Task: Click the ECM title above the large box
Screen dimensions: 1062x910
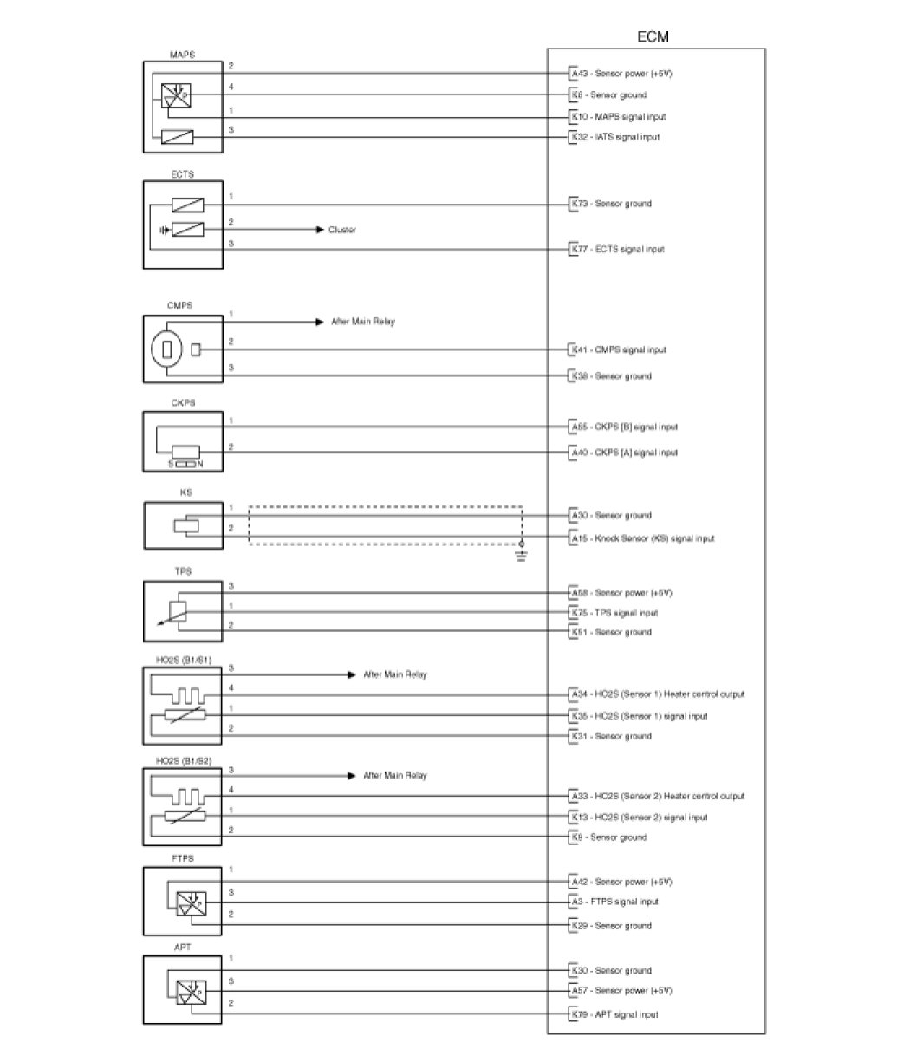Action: [x=653, y=37]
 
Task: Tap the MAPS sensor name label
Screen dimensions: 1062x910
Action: [x=182, y=54]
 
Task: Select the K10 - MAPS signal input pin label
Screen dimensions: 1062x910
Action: [x=618, y=116]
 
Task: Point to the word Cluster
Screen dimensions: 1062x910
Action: [x=341, y=230]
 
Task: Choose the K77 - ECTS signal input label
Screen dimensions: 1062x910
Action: [x=617, y=249]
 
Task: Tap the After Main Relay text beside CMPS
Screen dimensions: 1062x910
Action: [x=363, y=322]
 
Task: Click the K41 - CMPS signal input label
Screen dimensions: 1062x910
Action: [x=618, y=349]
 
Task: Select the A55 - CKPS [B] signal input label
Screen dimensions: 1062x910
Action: [x=624, y=427]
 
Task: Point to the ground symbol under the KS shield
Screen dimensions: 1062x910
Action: [x=521, y=555]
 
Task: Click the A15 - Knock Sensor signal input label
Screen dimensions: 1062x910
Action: [x=642, y=538]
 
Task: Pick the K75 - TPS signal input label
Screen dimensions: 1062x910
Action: [x=614, y=613]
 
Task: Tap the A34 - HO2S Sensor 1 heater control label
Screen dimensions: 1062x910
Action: [x=657, y=694]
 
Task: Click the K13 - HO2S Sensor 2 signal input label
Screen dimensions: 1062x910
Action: [x=639, y=817]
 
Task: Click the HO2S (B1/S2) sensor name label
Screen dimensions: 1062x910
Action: [x=183, y=760]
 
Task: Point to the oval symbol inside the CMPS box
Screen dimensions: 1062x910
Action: [x=166, y=349]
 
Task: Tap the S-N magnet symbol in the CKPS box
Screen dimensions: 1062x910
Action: [x=187, y=464]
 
